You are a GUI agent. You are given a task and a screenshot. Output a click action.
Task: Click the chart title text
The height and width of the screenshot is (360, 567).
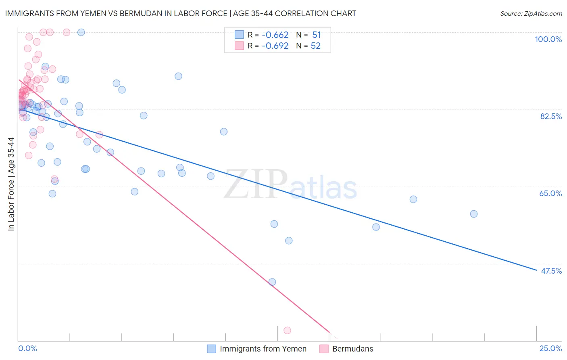[x=181, y=13]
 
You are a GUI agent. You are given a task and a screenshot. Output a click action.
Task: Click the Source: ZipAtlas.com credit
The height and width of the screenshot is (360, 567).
[x=531, y=13]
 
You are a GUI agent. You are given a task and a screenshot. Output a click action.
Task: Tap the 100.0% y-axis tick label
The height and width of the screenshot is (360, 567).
[x=548, y=39]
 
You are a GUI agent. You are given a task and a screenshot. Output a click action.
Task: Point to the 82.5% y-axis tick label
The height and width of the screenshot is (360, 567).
[x=550, y=116]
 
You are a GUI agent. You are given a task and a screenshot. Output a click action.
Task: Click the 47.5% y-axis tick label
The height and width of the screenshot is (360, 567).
[x=551, y=271]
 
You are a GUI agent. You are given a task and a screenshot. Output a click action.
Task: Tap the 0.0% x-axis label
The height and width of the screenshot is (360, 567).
[x=27, y=348]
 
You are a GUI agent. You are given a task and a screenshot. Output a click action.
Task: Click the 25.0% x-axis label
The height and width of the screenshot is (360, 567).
[x=550, y=348]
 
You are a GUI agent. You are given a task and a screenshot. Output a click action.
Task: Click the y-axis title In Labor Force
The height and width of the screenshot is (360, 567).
[x=11, y=184]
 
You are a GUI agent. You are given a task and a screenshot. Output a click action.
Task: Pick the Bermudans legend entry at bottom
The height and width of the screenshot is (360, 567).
[x=352, y=349]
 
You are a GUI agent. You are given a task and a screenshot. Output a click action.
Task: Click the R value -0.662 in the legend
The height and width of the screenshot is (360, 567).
[x=275, y=35]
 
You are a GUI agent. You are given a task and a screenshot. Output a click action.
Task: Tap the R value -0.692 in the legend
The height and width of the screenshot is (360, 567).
[x=275, y=46]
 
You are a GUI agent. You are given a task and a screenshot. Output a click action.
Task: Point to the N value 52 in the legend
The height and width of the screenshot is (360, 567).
[x=315, y=46]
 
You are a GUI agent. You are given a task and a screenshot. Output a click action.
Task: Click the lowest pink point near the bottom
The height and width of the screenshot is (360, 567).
[x=287, y=331]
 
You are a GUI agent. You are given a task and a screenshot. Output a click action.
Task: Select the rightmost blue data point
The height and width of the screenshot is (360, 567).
[x=474, y=214]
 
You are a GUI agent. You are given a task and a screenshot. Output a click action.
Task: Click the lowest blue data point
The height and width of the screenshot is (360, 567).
[x=272, y=282]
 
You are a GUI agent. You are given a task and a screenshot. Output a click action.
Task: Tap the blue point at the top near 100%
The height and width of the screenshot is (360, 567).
[x=81, y=32]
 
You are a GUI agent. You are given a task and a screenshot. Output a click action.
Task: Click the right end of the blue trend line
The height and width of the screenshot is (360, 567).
[x=536, y=270]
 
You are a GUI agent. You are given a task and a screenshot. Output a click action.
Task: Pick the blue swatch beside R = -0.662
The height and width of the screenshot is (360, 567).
[x=239, y=35]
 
